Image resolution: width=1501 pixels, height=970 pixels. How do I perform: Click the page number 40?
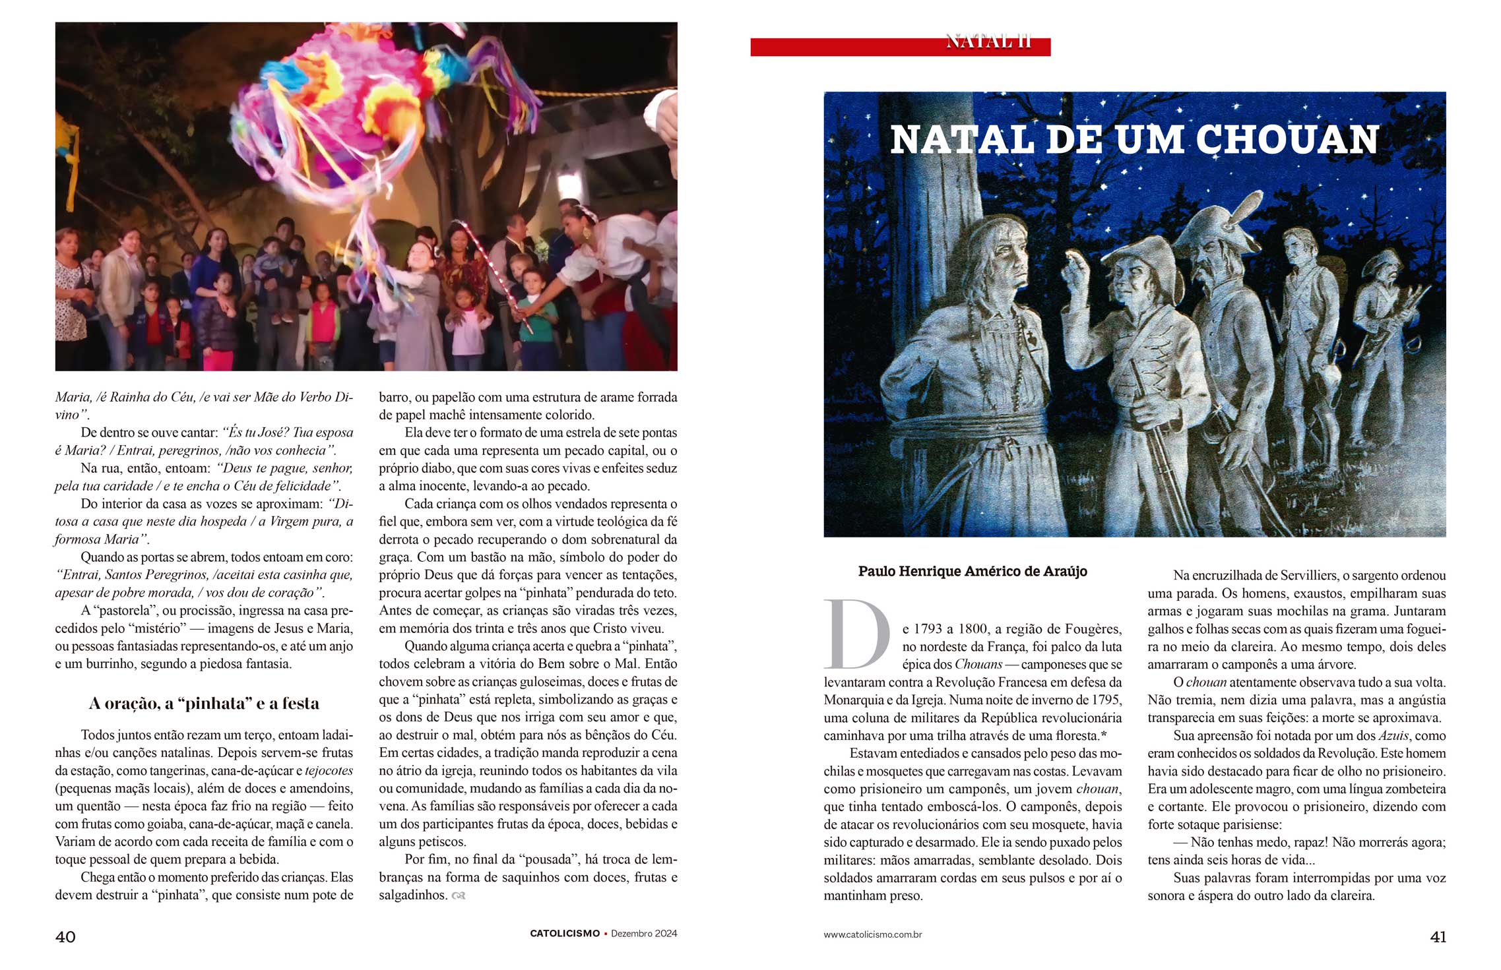65,937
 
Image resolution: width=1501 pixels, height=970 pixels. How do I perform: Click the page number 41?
1438,937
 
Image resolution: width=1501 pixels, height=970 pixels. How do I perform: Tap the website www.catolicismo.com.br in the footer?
872,934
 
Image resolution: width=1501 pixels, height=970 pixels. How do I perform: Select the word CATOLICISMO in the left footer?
565,934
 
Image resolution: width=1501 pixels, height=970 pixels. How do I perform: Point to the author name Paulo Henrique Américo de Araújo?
973,572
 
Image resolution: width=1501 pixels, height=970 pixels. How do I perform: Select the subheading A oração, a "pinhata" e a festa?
204,704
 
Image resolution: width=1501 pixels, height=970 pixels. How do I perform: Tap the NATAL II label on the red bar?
988,42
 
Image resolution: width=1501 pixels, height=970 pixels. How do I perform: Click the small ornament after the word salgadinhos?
459,896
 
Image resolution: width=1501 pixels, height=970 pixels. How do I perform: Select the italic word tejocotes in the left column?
329,771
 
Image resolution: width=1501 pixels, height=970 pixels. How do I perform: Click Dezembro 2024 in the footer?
644,934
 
